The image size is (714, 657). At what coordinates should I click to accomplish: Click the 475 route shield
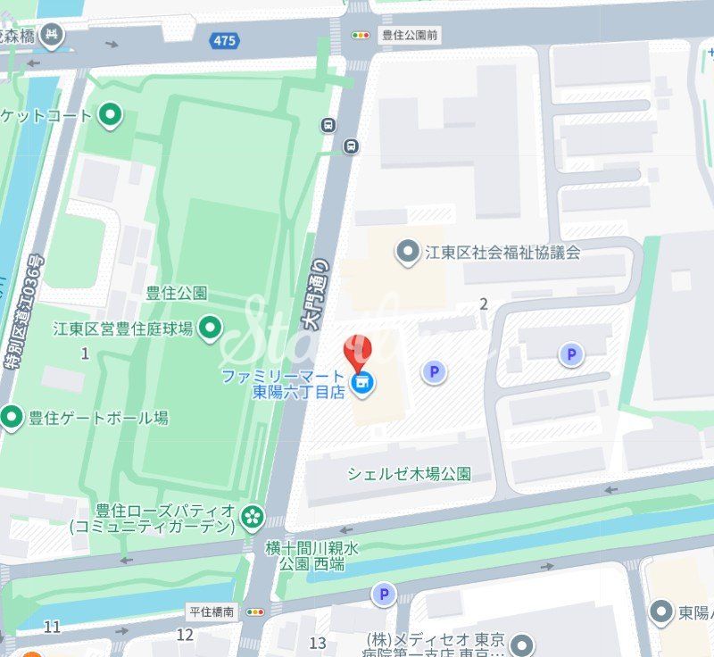pos(225,41)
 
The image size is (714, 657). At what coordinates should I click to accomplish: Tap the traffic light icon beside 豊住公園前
pos(361,36)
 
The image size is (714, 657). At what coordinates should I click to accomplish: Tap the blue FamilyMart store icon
pos(362,384)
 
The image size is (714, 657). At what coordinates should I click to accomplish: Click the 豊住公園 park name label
pos(177,293)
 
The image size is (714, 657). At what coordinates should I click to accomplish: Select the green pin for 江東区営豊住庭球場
pos(211,328)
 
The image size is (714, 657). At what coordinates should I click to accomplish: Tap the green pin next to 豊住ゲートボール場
pos(12,417)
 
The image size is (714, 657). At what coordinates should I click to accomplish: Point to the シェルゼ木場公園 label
pos(409,474)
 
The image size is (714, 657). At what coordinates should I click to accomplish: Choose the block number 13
pos(318,643)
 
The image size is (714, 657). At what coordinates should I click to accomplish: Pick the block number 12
pos(185,635)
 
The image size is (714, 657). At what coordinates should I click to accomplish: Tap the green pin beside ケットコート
pos(110,115)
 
